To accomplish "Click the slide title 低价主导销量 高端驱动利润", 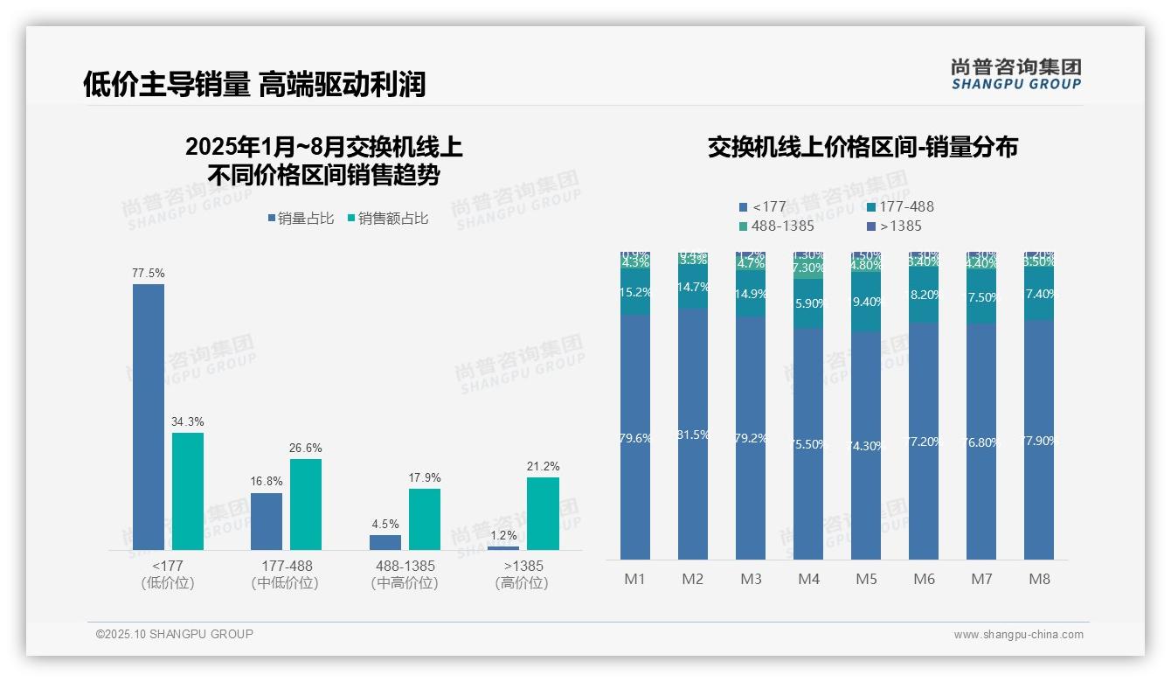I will (x=254, y=84).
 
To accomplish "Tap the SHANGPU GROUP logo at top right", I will (x=1015, y=74).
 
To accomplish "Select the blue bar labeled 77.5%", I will (x=149, y=416).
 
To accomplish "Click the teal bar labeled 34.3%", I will (x=188, y=491).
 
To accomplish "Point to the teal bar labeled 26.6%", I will (x=306, y=504).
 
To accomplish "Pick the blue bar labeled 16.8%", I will (x=267, y=521).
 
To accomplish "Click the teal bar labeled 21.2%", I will (x=543, y=513).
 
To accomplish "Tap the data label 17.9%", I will (x=425, y=478).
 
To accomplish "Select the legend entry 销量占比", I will (x=300, y=219).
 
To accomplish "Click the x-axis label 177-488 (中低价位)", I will (x=287, y=574).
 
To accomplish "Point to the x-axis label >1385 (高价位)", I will (x=523, y=574).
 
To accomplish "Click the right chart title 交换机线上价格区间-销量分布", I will (x=863, y=147).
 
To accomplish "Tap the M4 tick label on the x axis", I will (x=808, y=580).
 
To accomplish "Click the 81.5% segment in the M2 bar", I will (x=693, y=435).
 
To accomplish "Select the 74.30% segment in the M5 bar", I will (x=866, y=445).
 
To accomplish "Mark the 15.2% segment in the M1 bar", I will (x=635, y=292).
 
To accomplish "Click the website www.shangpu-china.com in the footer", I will (x=1018, y=635).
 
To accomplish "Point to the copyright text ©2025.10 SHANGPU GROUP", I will (x=175, y=635).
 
